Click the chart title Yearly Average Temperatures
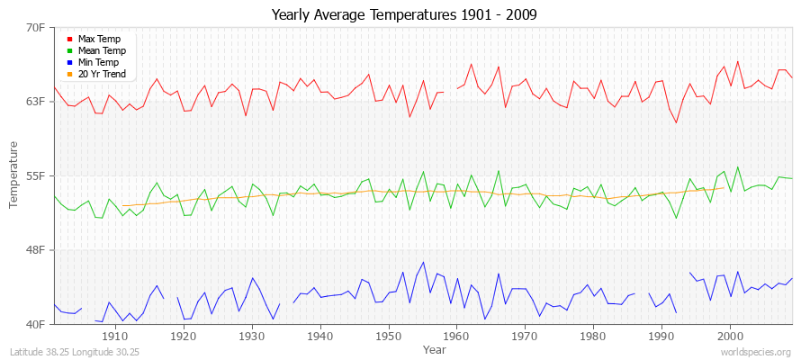405,15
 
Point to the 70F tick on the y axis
35,27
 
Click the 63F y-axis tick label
35,101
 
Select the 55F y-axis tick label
35,175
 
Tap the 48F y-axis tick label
35,249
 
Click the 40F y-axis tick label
35,323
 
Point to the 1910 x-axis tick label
114,336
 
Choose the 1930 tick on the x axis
251,336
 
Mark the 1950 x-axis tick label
388,336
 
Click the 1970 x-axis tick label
525,336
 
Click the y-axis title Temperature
13,175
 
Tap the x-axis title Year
434,348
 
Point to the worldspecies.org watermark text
757,352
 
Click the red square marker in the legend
69,39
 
